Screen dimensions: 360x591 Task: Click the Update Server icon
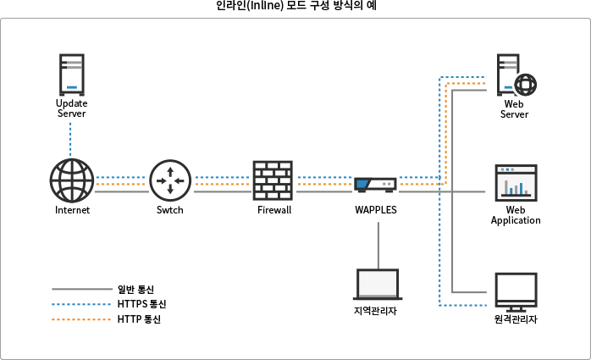[72, 75]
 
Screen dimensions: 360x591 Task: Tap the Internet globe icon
[72, 180]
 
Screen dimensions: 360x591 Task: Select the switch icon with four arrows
[169, 180]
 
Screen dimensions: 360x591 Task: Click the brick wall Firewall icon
[273, 180]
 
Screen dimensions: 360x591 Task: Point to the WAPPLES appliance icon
[375, 185]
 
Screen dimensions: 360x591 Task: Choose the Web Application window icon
[516, 182]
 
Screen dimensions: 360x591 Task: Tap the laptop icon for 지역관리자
[376, 285]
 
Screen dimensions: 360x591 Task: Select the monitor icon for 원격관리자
[516, 291]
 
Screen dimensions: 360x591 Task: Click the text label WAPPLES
[375, 210]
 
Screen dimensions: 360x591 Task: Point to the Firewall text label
[273, 210]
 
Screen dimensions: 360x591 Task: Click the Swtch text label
[169, 210]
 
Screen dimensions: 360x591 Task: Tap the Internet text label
[72, 210]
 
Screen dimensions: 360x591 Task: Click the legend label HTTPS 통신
[142, 304]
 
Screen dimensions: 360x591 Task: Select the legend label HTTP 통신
[140, 319]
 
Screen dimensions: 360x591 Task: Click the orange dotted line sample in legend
[81, 319]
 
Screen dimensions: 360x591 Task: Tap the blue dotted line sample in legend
[81, 304]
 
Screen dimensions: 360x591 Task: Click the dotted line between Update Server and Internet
[72, 140]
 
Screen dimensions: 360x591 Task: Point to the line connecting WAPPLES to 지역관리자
[376, 241]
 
